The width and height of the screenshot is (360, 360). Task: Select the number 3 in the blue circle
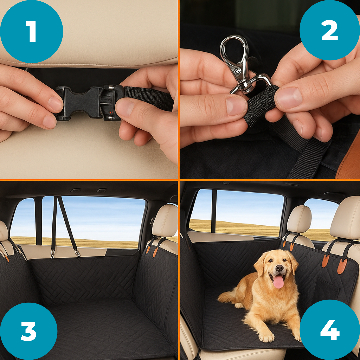[x=28, y=331]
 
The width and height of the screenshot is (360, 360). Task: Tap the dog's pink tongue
[x=278, y=282]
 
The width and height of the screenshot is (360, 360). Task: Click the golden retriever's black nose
[x=279, y=268]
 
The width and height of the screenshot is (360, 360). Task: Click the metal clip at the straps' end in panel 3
[x=77, y=253]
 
